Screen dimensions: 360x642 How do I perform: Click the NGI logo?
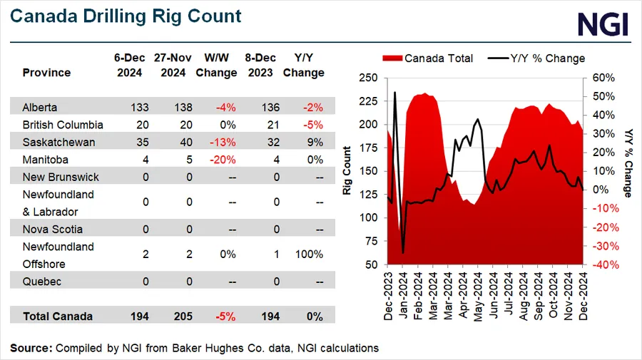pyautogui.click(x=602, y=24)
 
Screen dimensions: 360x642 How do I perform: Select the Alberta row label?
pyautogui.click(x=39, y=108)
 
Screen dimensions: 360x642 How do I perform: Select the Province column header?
pyautogui.click(x=46, y=73)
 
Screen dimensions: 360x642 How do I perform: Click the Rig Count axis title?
pyautogui.click(x=347, y=171)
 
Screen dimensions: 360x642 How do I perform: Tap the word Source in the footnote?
pyautogui.click(x=31, y=348)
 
